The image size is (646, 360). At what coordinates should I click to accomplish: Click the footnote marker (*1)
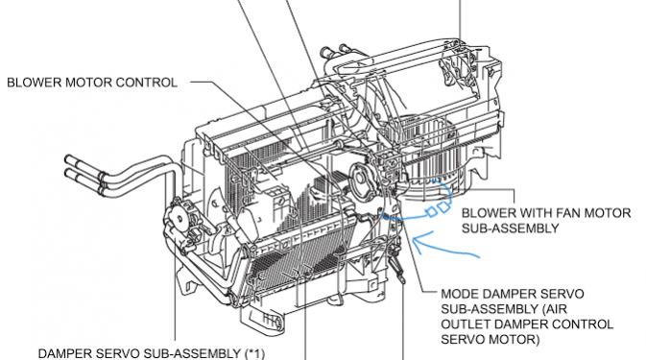point(254,353)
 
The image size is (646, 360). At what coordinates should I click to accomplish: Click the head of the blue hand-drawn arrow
point(416,242)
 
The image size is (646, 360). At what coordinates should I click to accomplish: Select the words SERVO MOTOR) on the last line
point(490,340)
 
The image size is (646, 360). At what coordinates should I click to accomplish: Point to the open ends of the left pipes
point(69,170)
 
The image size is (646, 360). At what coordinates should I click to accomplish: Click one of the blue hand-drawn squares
point(431,212)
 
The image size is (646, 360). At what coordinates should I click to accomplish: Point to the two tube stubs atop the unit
point(334,51)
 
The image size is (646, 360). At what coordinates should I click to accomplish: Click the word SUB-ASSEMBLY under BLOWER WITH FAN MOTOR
point(510,228)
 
